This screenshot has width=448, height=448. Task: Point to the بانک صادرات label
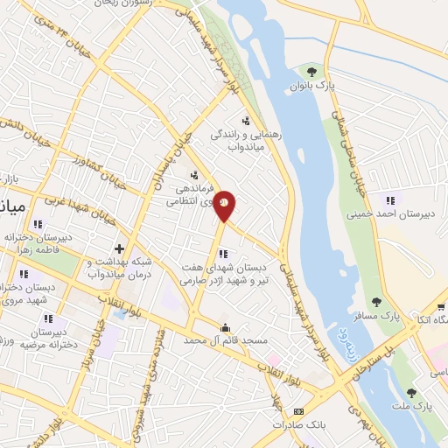[297, 424]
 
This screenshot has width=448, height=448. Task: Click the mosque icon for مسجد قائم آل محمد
[227, 329]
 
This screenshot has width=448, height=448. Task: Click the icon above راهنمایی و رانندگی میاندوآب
[246, 122]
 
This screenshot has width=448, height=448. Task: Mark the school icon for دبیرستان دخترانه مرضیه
[48, 318]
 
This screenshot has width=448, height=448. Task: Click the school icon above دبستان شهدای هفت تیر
[223, 254]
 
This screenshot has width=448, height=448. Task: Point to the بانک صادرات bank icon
[298, 411]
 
